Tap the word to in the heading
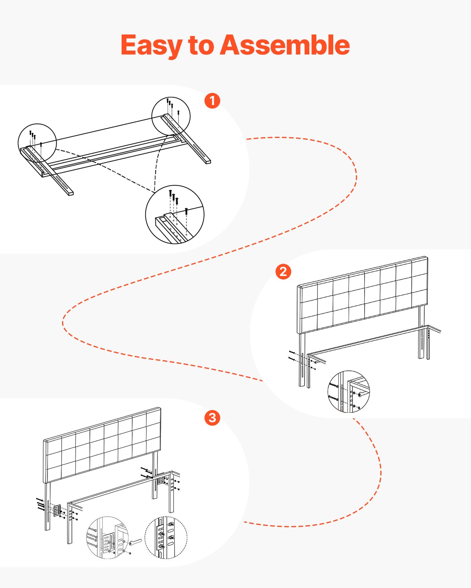[x=201, y=45]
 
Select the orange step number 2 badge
[x=283, y=271]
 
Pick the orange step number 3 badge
[x=212, y=418]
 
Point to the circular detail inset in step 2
[x=349, y=391]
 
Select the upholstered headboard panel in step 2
[x=363, y=295]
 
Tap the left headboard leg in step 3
[x=47, y=506]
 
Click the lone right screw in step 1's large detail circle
[x=186, y=211]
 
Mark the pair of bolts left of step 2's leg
[x=292, y=355]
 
